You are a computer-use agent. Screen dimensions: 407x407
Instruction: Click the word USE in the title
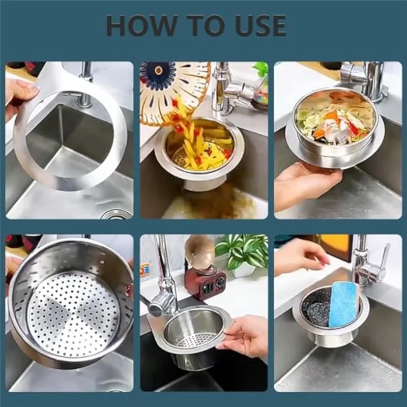tap(260, 26)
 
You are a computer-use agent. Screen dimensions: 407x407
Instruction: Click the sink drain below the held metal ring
tap(118, 214)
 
